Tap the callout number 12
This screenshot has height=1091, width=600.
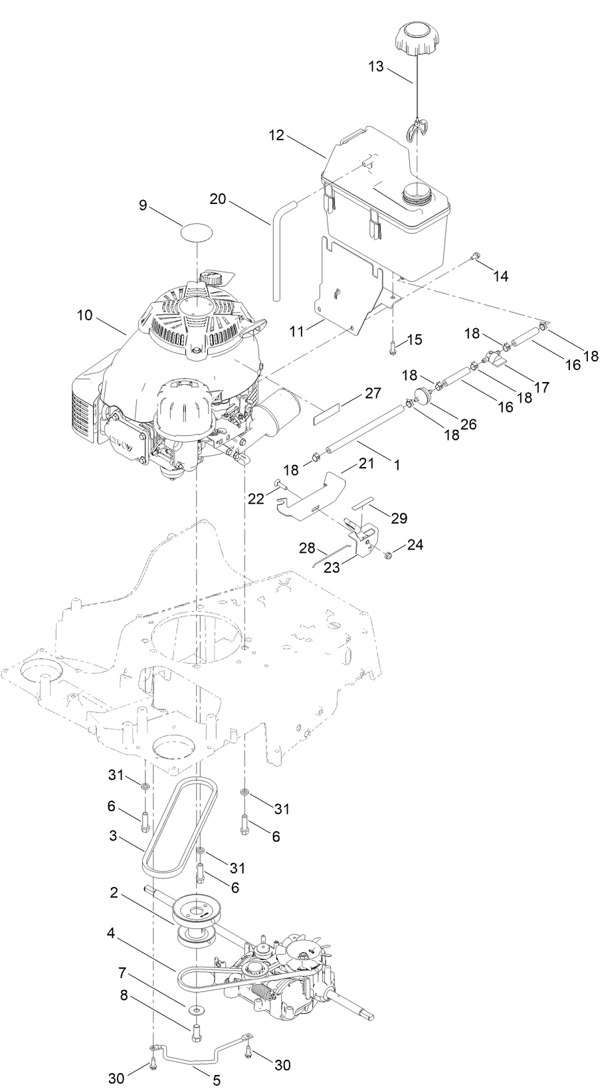(277, 136)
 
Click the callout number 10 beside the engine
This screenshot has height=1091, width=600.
(84, 316)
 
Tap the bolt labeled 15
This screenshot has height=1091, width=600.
(392, 344)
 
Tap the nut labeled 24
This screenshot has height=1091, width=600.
(389, 553)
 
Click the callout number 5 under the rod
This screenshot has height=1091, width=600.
(217, 1080)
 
